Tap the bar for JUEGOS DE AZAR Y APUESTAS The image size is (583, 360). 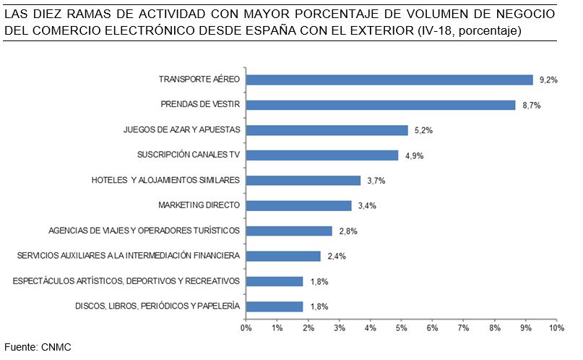click(327, 130)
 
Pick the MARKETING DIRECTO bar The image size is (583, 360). click(298, 205)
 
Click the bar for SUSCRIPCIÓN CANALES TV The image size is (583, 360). click(321, 155)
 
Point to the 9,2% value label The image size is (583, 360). click(548, 80)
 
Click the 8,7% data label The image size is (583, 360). click(531, 106)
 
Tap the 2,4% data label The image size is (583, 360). click(335, 256)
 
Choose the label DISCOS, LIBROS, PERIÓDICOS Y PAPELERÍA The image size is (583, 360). click(157, 306)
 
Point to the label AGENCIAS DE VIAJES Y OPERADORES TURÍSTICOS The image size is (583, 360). click(144, 231)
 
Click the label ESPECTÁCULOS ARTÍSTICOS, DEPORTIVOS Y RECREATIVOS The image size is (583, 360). click(126, 280)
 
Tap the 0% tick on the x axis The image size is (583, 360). click(246, 328)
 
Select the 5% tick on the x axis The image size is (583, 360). click(401, 328)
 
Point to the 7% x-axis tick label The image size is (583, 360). click(463, 328)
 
